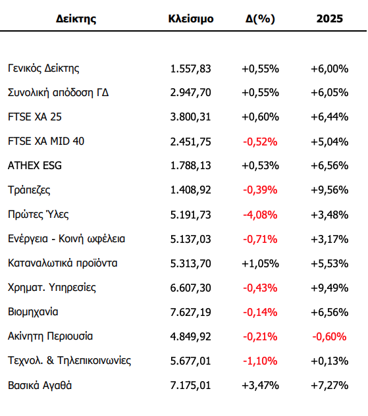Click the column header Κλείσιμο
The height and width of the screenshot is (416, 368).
pos(191,19)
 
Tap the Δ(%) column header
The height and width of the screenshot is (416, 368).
pos(260,19)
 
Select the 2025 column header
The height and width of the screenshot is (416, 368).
pos(330,18)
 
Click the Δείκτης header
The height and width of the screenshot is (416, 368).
pos(76,19)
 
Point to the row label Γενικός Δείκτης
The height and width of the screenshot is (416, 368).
pos(43,68)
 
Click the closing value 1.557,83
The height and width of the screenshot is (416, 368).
pos(190,69)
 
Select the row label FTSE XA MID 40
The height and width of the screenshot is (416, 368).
pos(46,141)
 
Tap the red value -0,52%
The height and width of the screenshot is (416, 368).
pos(260,142)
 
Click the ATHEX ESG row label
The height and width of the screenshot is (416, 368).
pos(35,166)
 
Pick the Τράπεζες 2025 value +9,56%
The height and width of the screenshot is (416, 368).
pos(330,190)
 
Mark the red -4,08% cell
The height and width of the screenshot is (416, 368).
pos(260,215)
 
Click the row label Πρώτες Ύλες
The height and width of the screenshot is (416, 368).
pos(38,214)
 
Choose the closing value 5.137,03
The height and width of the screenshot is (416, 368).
pos(190,240)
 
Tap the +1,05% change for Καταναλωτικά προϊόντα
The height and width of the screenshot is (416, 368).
pos(260,264)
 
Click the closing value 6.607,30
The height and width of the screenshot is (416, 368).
pos(190,288)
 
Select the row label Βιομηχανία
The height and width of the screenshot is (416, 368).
pos(33,312)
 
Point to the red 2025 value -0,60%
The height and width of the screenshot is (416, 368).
pos(329,336)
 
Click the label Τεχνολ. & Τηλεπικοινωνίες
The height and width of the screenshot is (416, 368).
pos(70,361)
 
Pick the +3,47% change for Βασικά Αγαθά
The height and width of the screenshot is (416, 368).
pos(260,386)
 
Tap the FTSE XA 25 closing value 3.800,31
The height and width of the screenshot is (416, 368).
pos(190,117)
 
